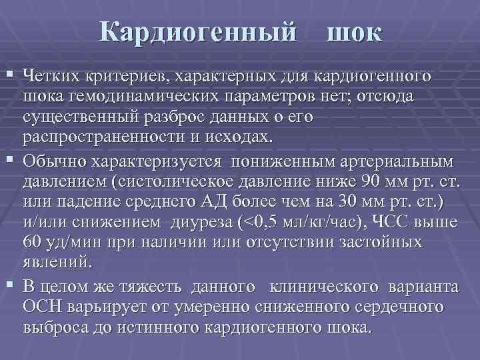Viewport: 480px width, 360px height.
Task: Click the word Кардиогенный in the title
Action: (x=198, y=32)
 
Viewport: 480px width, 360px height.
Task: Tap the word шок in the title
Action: (x=354, y=32)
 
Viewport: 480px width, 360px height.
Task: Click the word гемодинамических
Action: (x=143, y=97)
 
